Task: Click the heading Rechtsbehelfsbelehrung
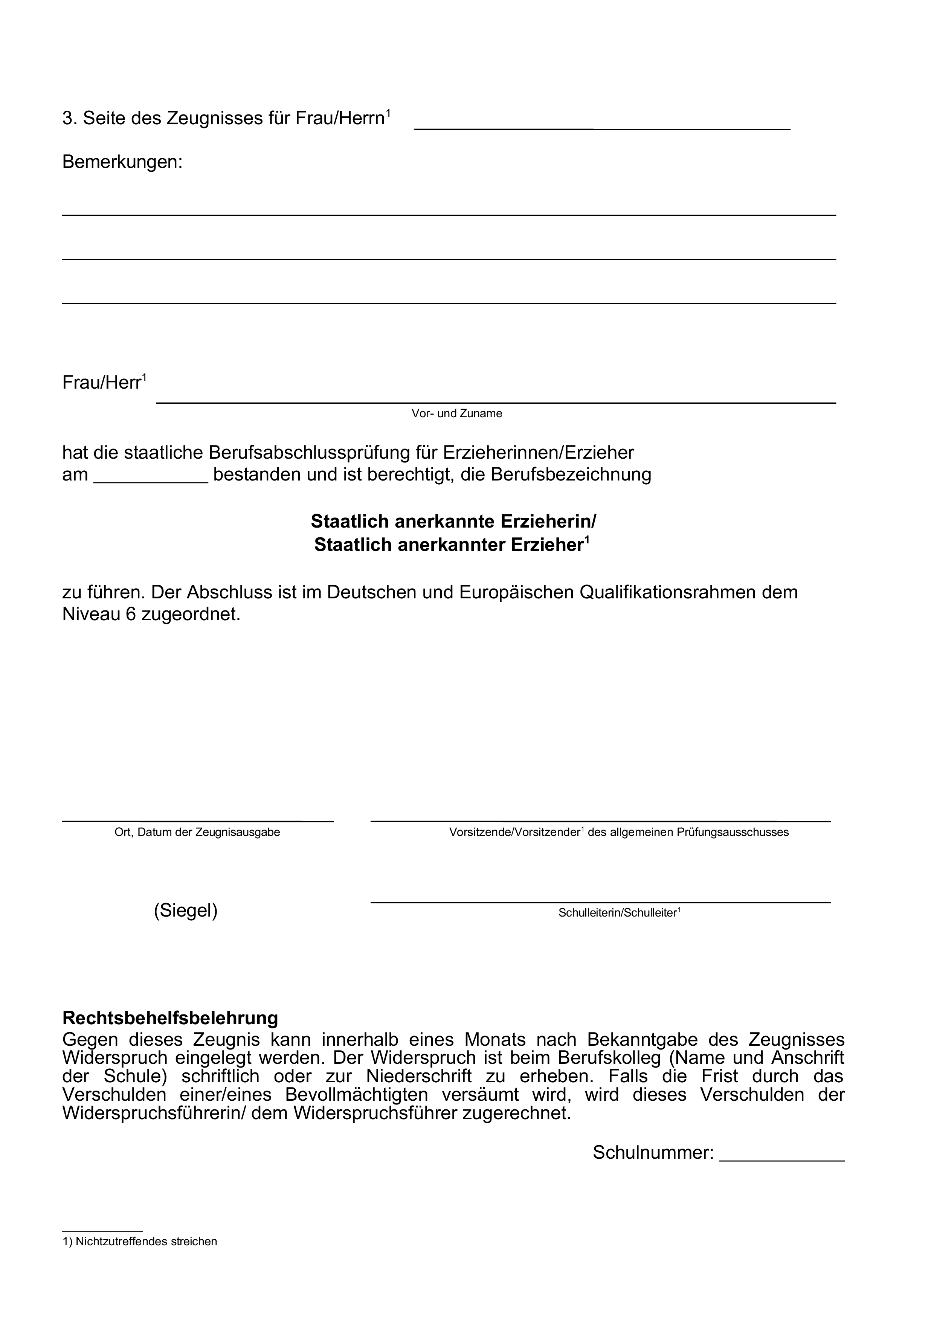pyautogui.click(x=170, y=1018)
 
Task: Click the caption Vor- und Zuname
pyautogui.click(x=456, y=413)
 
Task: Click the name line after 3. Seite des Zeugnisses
pyautogui.click(x=601, y=128)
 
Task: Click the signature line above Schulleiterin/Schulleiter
pyautogui.click(x=600, y=902)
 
